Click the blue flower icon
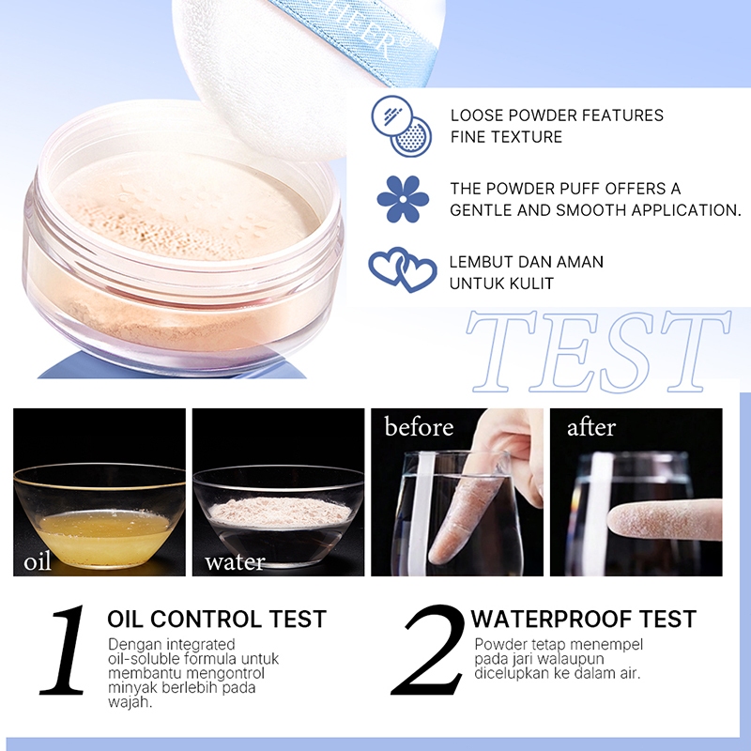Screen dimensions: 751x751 (x=403, y=199)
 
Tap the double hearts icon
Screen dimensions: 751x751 (x=403, y=269)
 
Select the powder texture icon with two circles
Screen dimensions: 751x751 (x=402, y=126)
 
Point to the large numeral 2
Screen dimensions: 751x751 (x=428, y=650)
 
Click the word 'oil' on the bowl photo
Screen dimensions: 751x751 (x=38, y=560)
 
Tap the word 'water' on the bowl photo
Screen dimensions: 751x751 (x=235, y=561)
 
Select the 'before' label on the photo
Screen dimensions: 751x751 (x=419, y=426)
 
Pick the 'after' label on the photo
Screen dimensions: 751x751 (x=591, y=427)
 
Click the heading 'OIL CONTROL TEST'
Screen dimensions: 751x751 (x=217, y=619)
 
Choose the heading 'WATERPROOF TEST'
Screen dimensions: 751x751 (x=583, y=619)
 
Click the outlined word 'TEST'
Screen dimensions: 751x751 (x=599, y=351)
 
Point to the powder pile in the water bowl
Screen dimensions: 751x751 (x=279, y=512)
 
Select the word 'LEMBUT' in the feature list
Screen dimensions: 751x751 (x=480, y=262)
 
